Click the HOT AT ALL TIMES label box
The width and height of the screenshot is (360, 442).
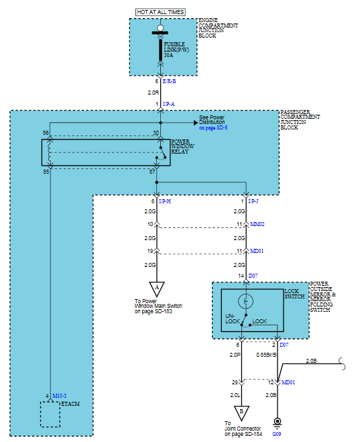160,12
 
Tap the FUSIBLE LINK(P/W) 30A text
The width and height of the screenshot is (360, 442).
176,50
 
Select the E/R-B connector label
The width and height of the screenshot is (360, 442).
170,81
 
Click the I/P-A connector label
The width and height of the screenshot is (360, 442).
169,104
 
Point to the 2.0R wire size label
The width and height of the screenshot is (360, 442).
154,93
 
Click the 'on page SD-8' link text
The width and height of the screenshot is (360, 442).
213,127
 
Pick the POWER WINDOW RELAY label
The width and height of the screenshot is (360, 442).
182,146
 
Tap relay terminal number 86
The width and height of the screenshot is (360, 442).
46,133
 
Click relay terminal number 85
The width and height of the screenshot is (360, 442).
46,172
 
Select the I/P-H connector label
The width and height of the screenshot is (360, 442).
165,201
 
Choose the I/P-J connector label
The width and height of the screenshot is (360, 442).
253,201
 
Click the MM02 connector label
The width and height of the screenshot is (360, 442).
257,224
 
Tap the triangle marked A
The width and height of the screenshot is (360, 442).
157,288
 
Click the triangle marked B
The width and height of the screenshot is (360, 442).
241,412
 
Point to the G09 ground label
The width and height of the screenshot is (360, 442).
277,434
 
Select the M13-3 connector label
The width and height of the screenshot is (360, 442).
60,396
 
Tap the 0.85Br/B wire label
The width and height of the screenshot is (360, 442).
266,355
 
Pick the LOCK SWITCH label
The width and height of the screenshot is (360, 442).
294,294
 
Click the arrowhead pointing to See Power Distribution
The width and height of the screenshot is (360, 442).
196,123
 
